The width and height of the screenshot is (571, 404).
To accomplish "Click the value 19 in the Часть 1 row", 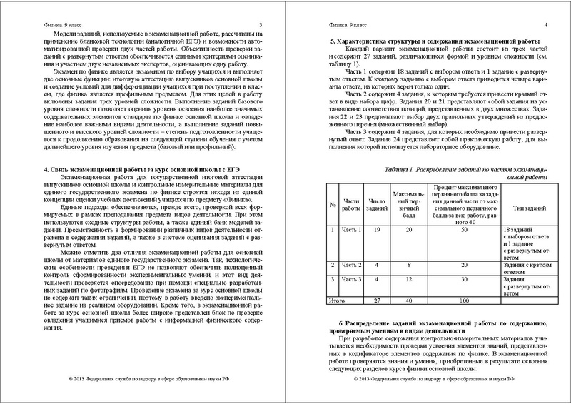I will tap(376, 231).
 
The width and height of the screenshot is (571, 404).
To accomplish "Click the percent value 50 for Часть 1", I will tap(463, 231).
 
